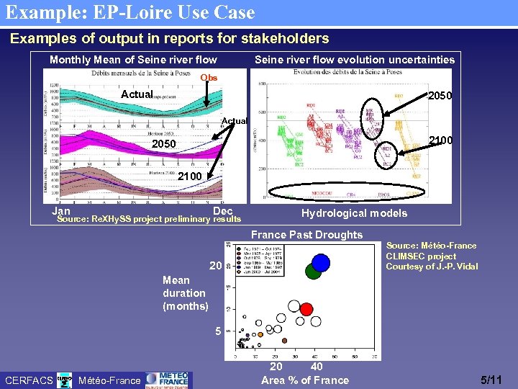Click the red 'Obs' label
coord(208,78)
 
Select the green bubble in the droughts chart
coord(313,271)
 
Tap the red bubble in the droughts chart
coord(306,309)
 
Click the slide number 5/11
coord(492,380)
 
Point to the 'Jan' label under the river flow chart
coord(61,211)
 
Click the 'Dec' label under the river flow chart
coord(223,211)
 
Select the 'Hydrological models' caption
coord(354,213)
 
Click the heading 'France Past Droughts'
coord(306,235)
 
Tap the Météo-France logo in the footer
coord(167,379)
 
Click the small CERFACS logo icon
coord(64,380)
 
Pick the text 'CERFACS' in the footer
coord(29,380)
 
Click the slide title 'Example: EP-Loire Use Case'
coord(130,12)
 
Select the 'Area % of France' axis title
coord(305,380)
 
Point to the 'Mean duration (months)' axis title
coord(183,293)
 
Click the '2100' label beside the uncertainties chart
coord(440,140)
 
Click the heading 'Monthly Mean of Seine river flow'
coord(133,60)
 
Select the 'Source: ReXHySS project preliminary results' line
coord(149,219)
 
